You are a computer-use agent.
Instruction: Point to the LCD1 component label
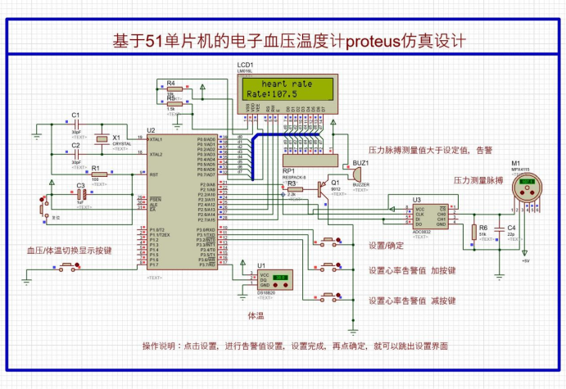pos(245,64)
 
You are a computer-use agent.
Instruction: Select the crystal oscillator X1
pos(102,139)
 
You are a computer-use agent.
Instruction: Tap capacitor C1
pos(76,123)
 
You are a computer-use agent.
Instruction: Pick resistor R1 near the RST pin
pos(95,174)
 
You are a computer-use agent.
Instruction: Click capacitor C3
pos(80,196)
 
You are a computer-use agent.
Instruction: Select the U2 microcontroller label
pos(151,130)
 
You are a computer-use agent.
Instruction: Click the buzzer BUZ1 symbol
pos(357,174)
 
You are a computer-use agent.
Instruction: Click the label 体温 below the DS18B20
pos(256,314)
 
